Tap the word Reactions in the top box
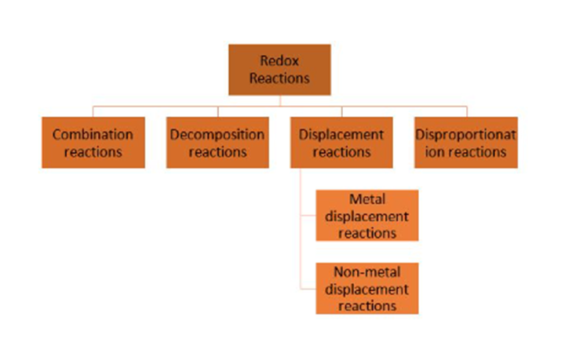coord(279,78)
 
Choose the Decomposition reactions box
coord(217,143)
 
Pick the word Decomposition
coord(217,134)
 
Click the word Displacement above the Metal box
coord(341,134)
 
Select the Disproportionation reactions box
coord(465,143)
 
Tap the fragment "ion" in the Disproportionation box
coord(429,151)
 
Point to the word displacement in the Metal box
coord(367,216)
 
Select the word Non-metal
coord(367,272)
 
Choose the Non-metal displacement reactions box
coord(367,288)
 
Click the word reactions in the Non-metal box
coord(367,305)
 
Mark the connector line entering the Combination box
coord(93,111)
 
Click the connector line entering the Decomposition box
coord(217,111)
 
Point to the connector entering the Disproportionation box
coord(465,111)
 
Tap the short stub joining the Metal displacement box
coord(309,214)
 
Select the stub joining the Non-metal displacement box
coord(309,288)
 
